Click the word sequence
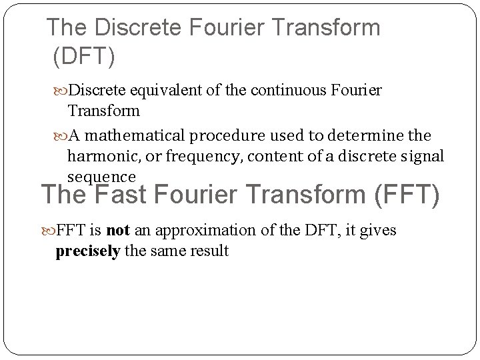point(101,176)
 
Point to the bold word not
point(117,231)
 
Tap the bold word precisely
point(87,251)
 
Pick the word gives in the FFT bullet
point(379,231)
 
